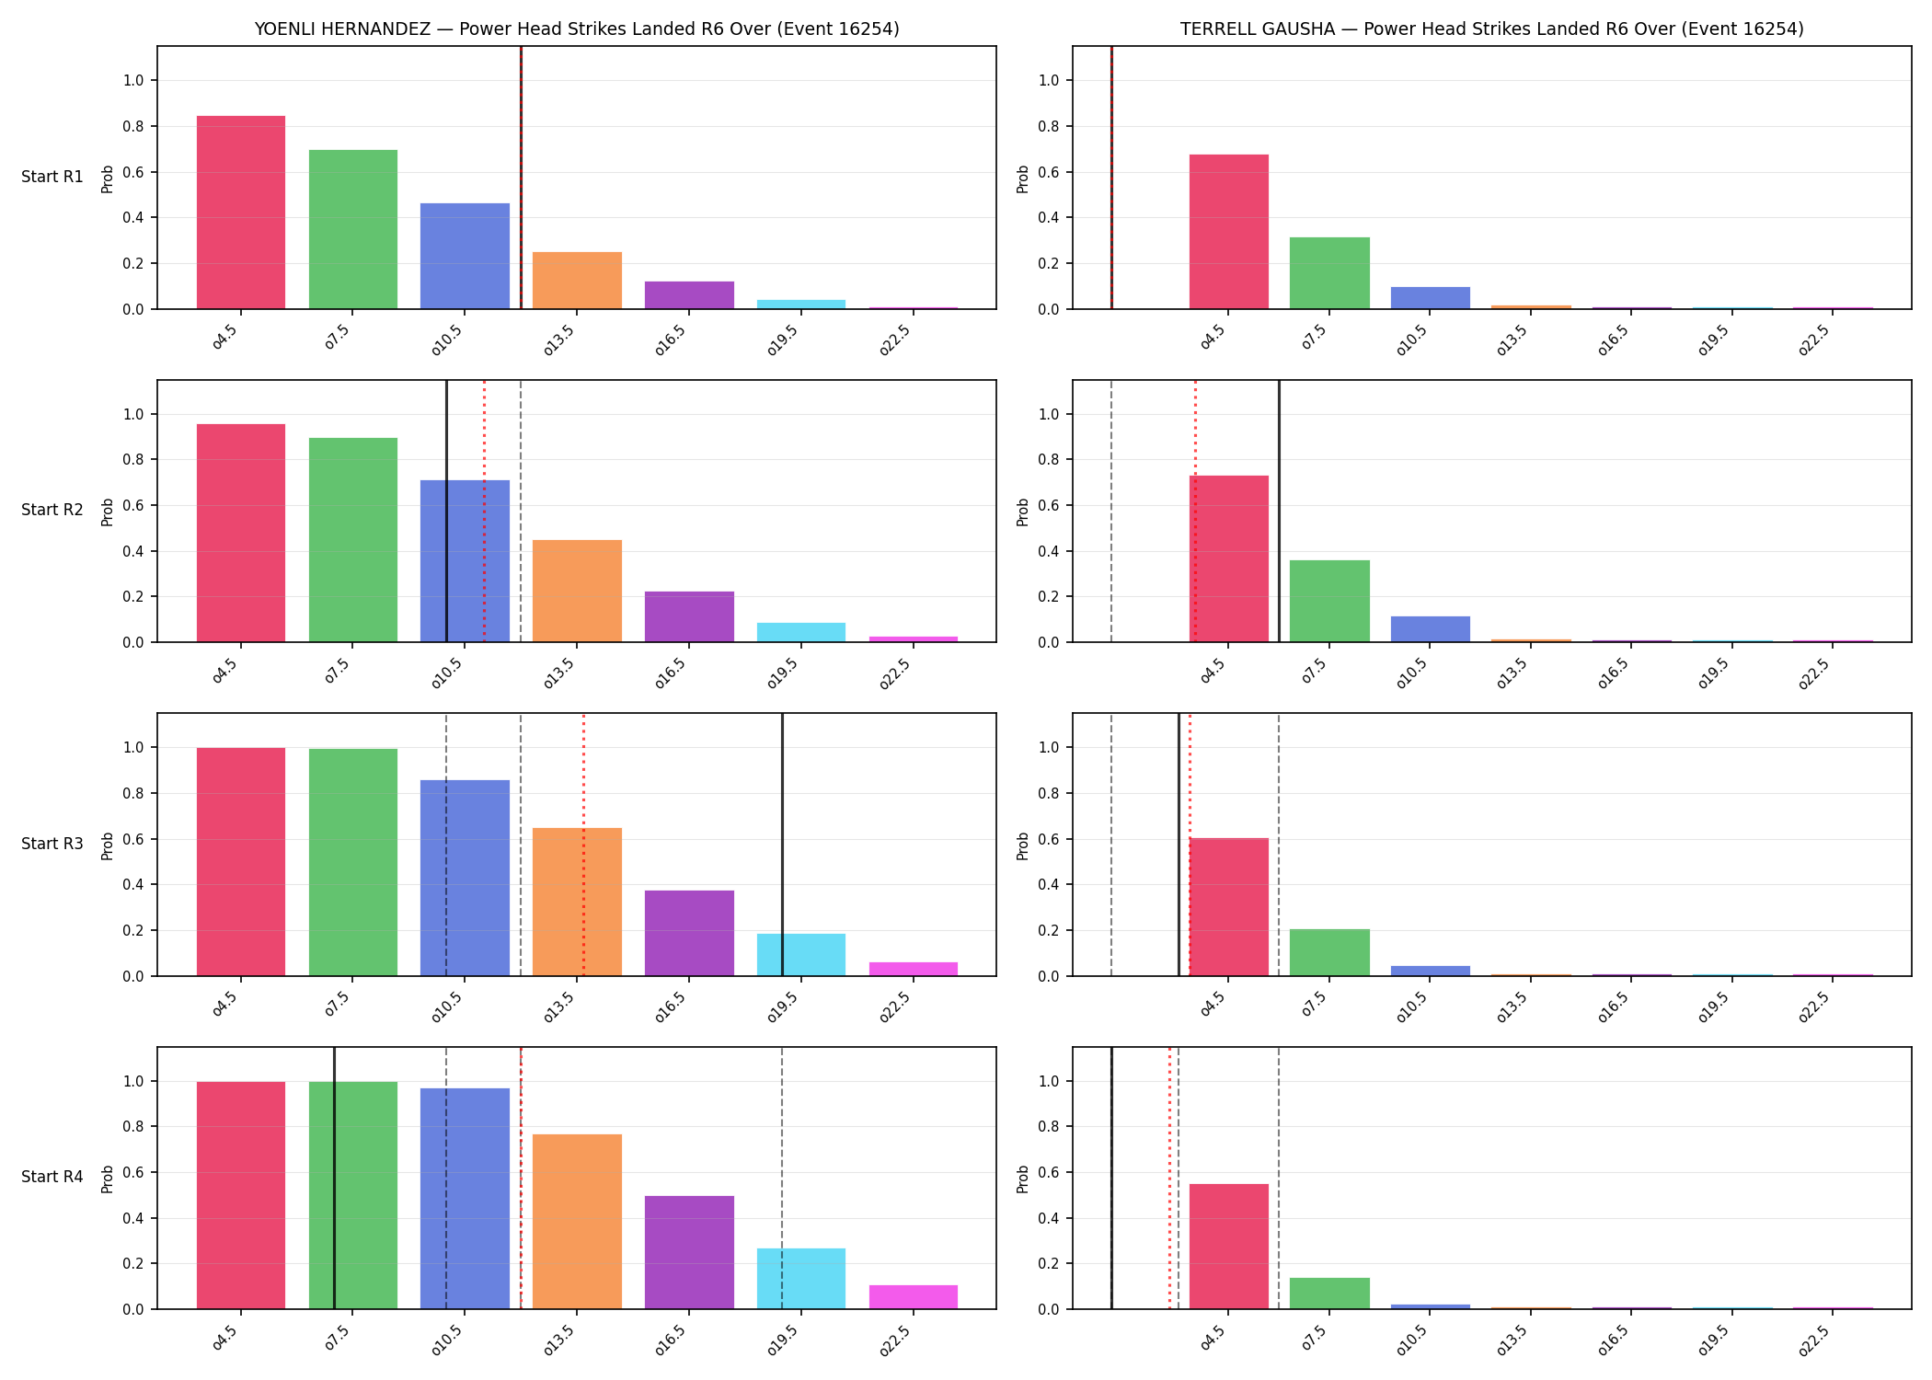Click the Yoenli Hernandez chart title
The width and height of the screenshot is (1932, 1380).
[x=577, y=29]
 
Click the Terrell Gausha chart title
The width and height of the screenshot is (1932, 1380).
[x=1492, y=29]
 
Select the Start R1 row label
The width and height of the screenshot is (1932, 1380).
[x=52, y=177]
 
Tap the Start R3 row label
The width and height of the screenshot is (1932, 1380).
[x=52, y=844]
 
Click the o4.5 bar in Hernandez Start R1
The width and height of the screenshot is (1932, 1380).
[x=241, y=213]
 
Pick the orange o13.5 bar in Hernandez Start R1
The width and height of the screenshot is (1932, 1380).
[x=577, y=281]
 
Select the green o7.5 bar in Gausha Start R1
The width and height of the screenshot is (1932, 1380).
[x=1329, y=273]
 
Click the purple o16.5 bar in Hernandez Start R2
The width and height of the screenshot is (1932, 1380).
[x=689, y=617]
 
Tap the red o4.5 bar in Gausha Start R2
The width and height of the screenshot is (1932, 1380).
[x=1229, y=559]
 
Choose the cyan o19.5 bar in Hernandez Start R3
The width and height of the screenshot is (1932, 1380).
[x=801, y=955]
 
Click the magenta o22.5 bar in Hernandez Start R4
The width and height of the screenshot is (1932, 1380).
[x=914, y=1297]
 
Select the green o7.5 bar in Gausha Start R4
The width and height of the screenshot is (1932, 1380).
[x=1329, y=1294]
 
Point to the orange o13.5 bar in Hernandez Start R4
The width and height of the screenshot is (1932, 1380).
[x=577, y=1222]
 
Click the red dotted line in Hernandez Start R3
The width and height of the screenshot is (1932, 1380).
[x=583, y=845]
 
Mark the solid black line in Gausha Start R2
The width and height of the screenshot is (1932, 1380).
[x=1279, y=512]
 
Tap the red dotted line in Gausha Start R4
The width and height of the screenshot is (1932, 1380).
[x=1170, y=1179]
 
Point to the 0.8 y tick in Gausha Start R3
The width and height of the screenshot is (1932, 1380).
[x=1049, y=793]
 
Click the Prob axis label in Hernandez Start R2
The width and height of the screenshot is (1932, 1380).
[x=108, y=512]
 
